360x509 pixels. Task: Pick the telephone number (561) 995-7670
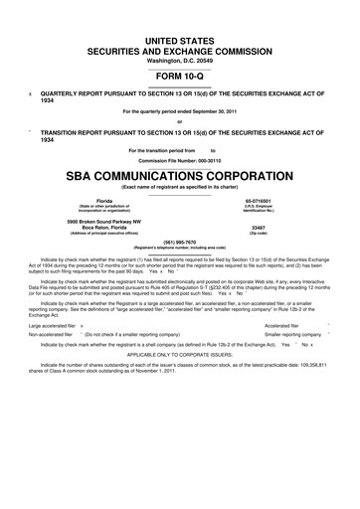click(179, 241)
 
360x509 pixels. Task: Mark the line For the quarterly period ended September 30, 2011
click(179, 110)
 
